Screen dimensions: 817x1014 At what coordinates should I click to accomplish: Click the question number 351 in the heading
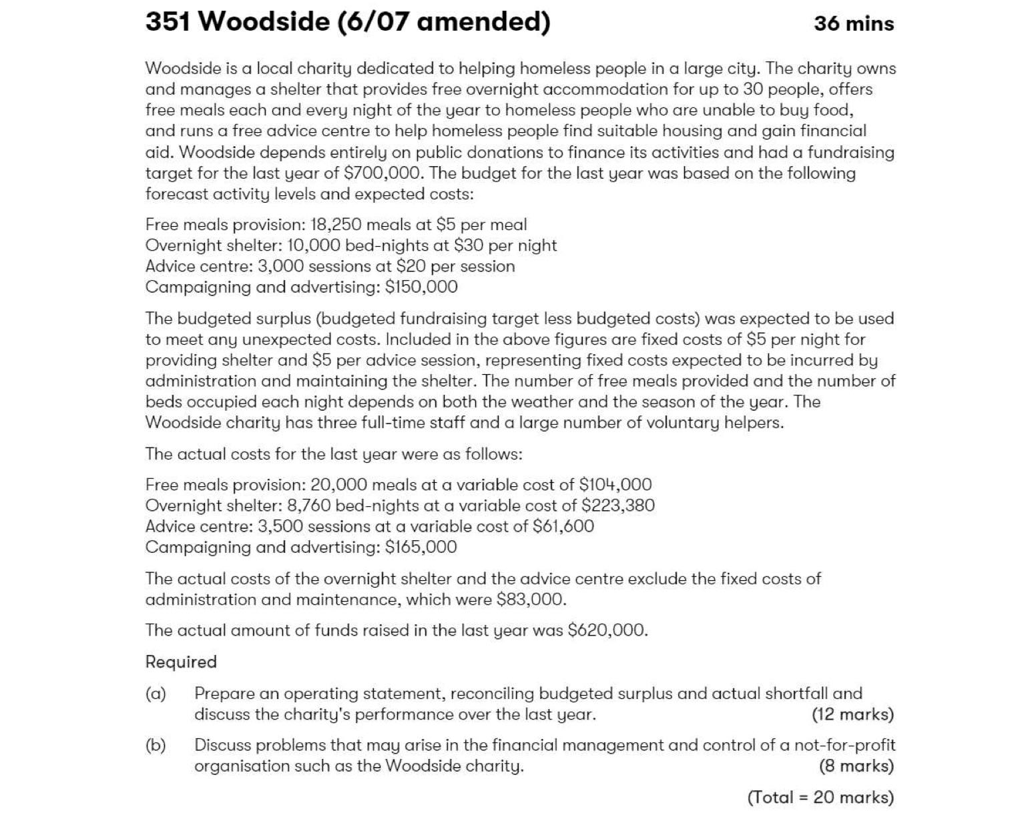tap(168, 22)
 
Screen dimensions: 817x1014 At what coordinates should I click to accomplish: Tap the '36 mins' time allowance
tap(853, 24)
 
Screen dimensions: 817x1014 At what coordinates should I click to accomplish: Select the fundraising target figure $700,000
tap(383, 173)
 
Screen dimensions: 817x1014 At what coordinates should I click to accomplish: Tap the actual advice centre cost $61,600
tap(563, 526)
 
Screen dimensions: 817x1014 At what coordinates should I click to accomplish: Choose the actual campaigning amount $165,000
tap(421, 548)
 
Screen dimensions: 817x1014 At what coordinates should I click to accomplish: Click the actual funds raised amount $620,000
tap(606, 631)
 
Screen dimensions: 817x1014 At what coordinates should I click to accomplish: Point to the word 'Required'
tap(181, 662)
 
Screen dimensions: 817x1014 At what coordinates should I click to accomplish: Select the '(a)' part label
tap(156, 694)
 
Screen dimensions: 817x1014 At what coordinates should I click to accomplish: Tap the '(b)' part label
tap(156, 745)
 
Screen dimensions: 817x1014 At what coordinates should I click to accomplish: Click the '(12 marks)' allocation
tap(852, 715)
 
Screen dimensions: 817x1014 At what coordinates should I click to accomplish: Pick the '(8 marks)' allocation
tap(856, 766)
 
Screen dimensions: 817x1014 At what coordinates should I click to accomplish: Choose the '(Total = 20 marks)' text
tap(820, 798)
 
